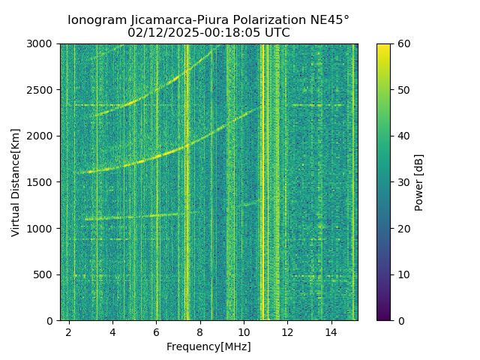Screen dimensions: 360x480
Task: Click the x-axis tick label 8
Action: coord(200,331)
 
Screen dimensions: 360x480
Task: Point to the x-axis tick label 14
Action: coord(331,331)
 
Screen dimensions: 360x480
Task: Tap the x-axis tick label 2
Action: coord(69,331)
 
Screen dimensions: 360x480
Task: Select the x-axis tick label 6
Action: coord(157,331)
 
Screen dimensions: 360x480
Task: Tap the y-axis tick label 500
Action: coord(46,274)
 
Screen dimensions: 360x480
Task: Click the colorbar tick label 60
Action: coord(403,44)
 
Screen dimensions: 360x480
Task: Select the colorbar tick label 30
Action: coord(403,182)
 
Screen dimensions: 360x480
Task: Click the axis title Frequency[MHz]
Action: coord(208,346)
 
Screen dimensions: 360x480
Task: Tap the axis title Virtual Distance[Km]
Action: coord(16,182)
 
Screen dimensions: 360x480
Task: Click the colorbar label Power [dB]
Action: coord(419,182)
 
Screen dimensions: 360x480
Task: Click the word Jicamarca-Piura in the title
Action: coord(175,20)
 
